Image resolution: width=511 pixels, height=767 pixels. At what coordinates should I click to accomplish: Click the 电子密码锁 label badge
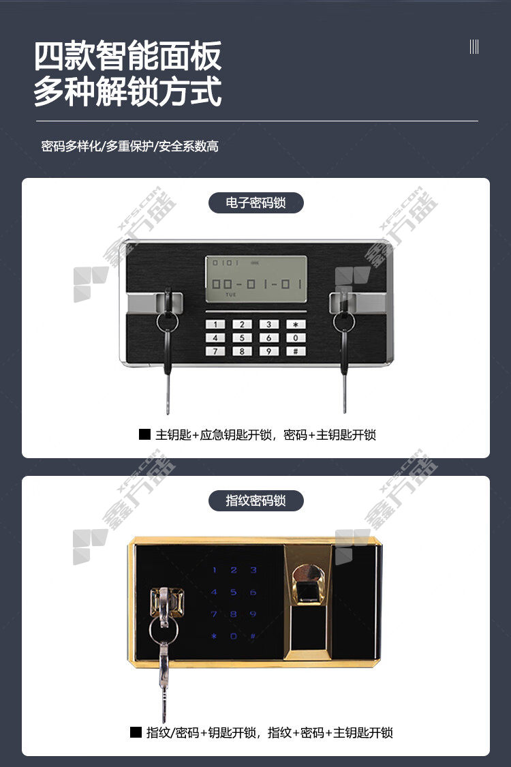pos(255,202)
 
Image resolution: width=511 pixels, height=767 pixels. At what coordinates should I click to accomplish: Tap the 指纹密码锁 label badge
pos(255,500)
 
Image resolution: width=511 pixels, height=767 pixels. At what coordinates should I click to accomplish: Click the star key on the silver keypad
pos(296,325)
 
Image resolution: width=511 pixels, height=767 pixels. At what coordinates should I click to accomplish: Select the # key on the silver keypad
pos(296,350)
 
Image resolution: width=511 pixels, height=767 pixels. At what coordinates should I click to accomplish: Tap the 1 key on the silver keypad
pos(215,325)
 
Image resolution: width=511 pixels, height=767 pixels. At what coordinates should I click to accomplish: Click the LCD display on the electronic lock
pos(256,279)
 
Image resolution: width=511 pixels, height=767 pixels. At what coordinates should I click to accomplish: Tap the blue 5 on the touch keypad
pos(233,592)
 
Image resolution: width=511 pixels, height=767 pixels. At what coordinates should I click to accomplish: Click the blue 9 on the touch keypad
pos(253,614)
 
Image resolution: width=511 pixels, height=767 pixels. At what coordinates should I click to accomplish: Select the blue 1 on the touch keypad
pos(214,570)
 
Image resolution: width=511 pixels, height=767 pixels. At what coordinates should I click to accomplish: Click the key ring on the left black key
pos(168,322)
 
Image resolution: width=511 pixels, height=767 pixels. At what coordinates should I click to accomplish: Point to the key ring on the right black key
pos(344,322)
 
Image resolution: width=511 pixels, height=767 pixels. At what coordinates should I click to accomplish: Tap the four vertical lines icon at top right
pos(474,47)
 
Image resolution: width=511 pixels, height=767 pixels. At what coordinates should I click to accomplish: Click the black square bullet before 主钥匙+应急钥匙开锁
pos(144,434)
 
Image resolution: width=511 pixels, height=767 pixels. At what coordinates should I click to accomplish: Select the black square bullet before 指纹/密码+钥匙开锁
pos(136,732)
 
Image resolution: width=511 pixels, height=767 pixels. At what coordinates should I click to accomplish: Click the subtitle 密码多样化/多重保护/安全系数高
pos(129,146)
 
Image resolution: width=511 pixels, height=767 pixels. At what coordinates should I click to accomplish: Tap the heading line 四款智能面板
pos(127,56)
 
